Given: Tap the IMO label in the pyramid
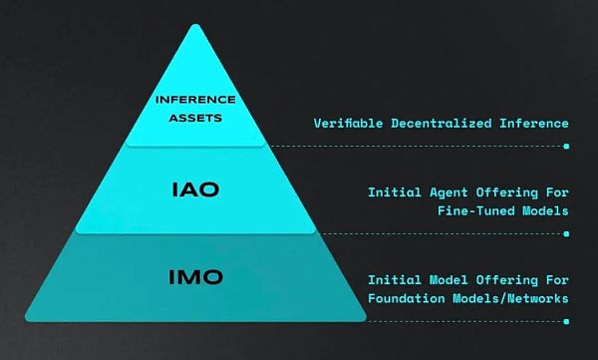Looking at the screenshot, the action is (195, 276).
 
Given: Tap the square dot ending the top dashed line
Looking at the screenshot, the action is (566, 146).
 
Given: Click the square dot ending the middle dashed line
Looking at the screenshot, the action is (566, 233).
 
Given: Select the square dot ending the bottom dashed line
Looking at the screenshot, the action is (566, 321).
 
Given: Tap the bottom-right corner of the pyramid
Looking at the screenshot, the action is (367, 320).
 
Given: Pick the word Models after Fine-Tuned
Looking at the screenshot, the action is (542, 211).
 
